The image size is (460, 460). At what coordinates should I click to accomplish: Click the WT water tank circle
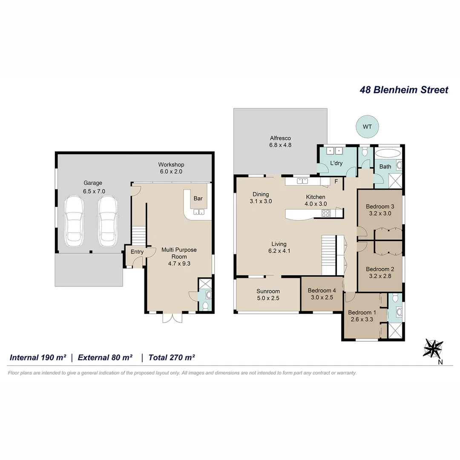click(x=367, y=126)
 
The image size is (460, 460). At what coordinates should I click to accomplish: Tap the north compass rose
click(x=433, y=348)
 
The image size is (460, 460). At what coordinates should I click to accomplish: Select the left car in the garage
click(x=74, y=221)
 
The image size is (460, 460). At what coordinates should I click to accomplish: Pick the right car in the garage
click(x=108, y=221)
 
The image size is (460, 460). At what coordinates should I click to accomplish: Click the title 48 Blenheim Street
click(x=404, y=90)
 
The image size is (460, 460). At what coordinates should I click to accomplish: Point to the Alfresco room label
click(x=280, y=138)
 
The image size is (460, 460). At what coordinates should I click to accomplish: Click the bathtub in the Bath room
click(x=388, y=154)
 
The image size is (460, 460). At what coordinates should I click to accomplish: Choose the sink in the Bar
click(x=199, y=212)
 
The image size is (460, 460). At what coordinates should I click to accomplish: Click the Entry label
click(x=137, y=252)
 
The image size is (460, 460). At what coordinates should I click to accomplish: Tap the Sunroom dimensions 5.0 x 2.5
click(x=268, y=298)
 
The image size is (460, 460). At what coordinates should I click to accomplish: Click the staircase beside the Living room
click(x=328, y=254)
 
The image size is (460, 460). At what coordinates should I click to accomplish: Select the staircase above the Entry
click(x=138, y=235)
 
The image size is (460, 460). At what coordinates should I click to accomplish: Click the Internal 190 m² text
click(x=38, y=357)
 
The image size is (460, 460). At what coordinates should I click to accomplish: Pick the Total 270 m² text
click(x=172, y=357)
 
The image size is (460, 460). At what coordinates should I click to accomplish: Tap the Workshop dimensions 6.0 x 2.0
click(x=171, y=172)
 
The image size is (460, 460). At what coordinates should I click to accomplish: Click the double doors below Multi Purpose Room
click(x=172, y=318)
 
